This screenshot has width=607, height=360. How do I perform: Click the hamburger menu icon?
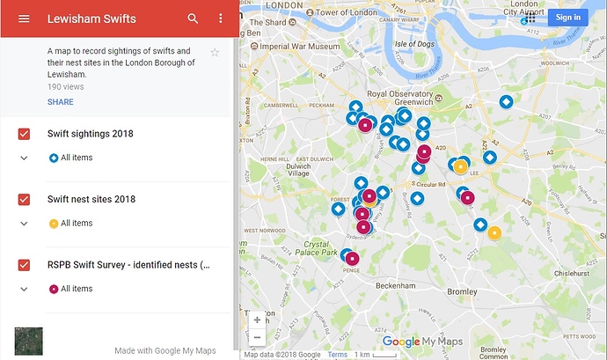(24, 18)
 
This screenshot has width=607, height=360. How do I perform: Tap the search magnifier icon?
(193, 18)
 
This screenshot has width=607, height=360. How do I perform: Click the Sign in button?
(567, 17)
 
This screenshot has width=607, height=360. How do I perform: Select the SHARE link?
(61, 102)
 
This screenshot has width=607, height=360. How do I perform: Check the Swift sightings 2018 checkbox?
(25, 134)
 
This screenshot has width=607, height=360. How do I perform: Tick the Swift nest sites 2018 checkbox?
(25, 200)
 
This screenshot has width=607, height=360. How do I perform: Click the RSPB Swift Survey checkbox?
(25, 265)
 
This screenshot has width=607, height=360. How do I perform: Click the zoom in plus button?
(257, 320)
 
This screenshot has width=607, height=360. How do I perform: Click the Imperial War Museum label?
(296, 46)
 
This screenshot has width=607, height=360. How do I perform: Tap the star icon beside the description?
(215, 53)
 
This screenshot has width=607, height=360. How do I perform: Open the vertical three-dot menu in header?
(220, 18)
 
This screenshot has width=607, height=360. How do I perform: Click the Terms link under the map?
(338, 355)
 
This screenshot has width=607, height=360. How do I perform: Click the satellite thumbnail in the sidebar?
(29, 341)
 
